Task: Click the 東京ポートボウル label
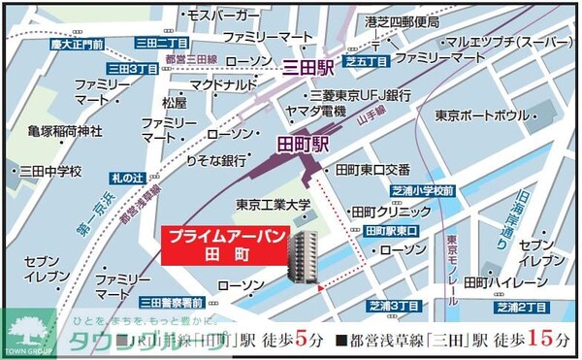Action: [481, 115]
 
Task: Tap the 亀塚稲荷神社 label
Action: [65, 132]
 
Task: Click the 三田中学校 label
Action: [49, 171]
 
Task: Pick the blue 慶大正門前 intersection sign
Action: [79, 45]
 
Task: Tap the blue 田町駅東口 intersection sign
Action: [393, 231]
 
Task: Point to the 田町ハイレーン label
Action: [505, 281]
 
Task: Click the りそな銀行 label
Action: [215, 159]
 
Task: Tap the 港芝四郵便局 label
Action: [402, 20]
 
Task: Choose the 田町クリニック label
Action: [391, 211]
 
